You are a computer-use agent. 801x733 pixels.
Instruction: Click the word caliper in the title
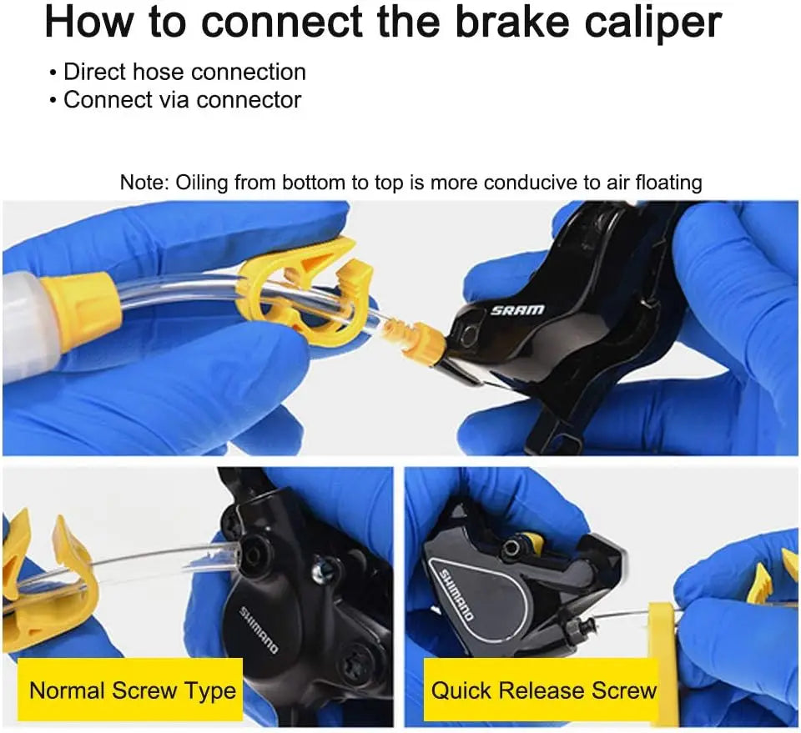[x=653, y=23]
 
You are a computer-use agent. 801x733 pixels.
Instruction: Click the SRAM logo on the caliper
[x=517, y=310]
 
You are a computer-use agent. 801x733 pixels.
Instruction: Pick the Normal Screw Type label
[x=133, y=690]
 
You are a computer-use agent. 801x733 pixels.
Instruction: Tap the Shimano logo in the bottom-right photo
[x=456, y=595]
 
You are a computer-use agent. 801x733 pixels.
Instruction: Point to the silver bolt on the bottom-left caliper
[x=323, y=572]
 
